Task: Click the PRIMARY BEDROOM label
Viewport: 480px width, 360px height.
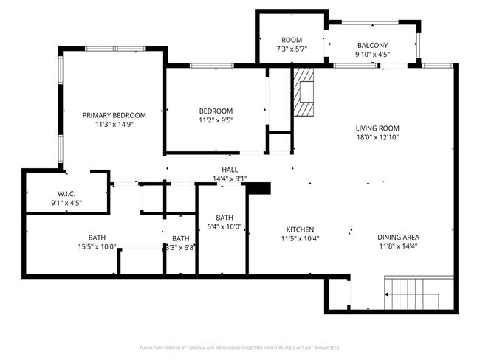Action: point(114,115)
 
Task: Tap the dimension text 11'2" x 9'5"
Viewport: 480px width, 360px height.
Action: point(216,120)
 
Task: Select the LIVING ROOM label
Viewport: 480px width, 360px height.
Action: point(377,127)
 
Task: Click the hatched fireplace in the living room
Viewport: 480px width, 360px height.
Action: point(304,92)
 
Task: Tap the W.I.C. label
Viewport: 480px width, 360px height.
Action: point(66,193)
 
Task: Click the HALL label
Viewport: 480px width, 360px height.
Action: point(230,169)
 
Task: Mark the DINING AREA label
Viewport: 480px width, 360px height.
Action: point(398,237)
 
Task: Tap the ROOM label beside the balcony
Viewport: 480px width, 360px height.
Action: point(292,40)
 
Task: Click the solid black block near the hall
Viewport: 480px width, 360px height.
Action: point(258,189)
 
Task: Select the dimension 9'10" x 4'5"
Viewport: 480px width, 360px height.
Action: point(372,54)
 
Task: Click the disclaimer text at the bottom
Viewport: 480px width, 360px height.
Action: point(239,347)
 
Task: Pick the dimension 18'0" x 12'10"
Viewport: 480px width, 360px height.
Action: point(377,136)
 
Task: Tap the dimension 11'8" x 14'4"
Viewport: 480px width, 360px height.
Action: point(398,246)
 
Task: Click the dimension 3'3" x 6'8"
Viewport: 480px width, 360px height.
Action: point(181,248)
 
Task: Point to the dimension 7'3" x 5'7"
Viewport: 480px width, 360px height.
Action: point(292,49)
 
